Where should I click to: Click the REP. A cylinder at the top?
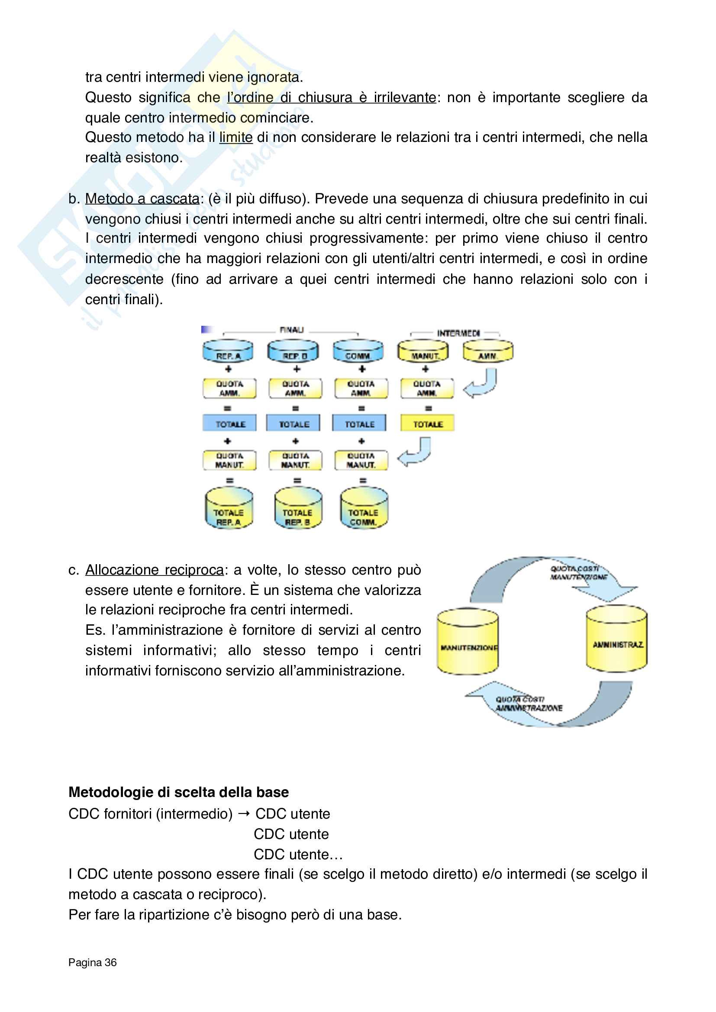pos(228,351)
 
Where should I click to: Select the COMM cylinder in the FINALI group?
pos(358,351)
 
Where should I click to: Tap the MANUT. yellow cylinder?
pos(423,351)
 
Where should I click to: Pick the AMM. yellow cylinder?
pos(488,351)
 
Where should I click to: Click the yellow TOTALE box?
pos(427,424)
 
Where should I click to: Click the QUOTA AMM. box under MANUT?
pos(427,388)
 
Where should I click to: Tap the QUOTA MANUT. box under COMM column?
pos(361,460)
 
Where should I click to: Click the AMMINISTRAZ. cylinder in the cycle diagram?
pos(616,639)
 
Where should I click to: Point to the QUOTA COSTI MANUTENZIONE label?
pos(577,573)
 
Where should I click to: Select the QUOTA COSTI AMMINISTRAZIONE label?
pos(528,704)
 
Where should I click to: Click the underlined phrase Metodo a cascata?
pos(142,199)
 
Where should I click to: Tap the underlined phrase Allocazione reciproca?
pos(154,570)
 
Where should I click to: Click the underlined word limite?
pos(236,138)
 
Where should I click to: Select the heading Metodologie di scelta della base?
pos(178,792)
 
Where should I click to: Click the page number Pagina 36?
pos(93,962)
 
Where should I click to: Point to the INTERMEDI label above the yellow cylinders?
pos(458,333)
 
